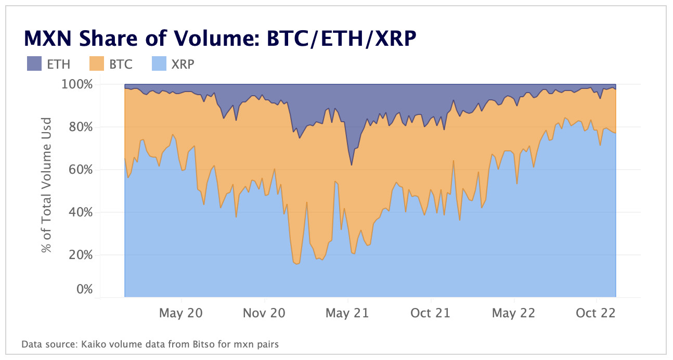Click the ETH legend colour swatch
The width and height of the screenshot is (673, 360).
(x=34, y=65)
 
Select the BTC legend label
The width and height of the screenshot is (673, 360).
(x=121, y=65)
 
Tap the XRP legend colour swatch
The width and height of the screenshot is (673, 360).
(x=160, y=65)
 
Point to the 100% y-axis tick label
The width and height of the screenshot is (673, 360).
(x=78, y=84)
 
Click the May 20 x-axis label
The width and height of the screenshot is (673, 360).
(x=181, y=313)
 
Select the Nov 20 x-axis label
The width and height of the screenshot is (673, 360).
(x=265, y=313)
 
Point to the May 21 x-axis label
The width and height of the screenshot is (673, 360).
(x=347, y=313)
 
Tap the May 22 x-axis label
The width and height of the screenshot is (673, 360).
(x=513, y=313)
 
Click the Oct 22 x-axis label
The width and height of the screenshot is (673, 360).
(x=596, y=313)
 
